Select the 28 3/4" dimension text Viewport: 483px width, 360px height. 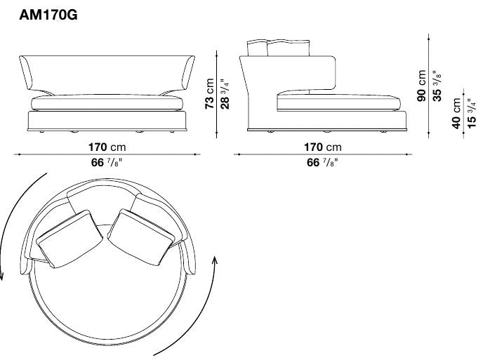(x=224, y=93)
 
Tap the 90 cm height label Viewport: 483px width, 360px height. (x=422, y=85)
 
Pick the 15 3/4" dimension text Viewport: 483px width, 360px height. (x=471, y=112)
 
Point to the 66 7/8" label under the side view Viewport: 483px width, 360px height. (x=323, y=162)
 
